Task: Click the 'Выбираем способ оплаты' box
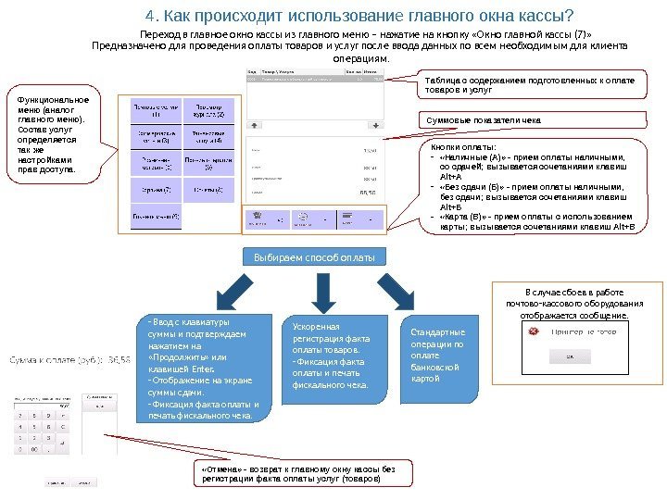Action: [314, 256]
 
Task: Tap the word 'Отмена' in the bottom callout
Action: [220, 469]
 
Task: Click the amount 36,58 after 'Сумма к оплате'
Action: [120, 358]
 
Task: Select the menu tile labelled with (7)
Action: [149, 192]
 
